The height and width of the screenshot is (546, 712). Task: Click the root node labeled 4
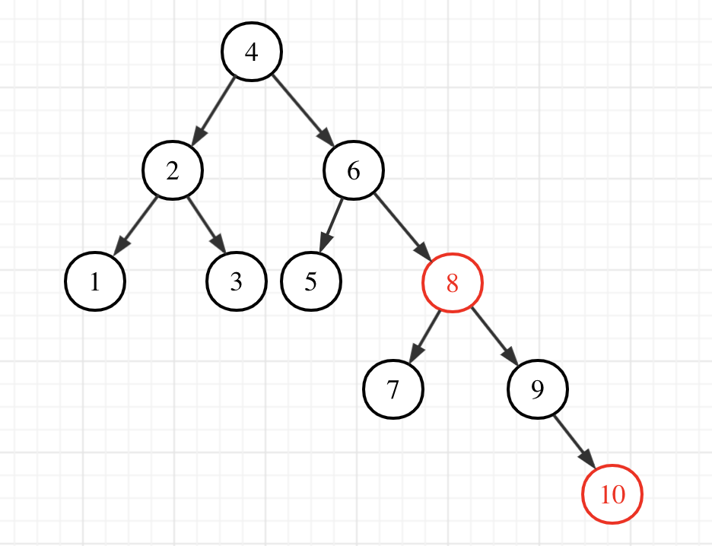[x=251, y=52]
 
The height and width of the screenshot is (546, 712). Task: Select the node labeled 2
[x=173, y=171]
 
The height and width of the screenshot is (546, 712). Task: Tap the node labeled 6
[x=354, y=171]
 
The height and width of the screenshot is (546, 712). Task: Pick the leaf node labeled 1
[x=94, y=282]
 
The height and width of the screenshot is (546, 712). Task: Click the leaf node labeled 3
[x=236, y=282]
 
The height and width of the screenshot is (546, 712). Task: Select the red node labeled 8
[x=453, y=284]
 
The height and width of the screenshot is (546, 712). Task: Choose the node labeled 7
[x=393, y=389]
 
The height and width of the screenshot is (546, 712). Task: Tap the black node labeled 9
[x=537, y=389]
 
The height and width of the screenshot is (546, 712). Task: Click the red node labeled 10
[x=612, y=495]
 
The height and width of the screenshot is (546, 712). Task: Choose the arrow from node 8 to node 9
[x=494, y=335]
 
